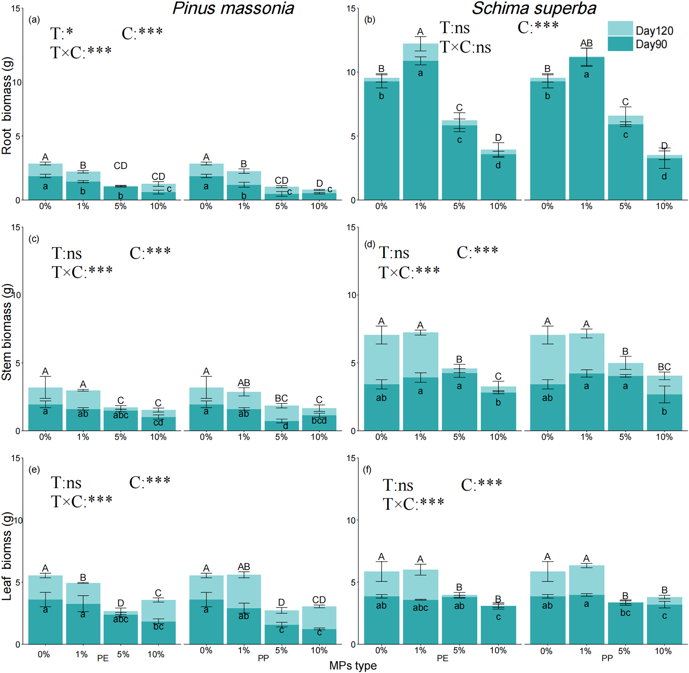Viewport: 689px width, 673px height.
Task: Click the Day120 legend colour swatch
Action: click(x=620, y=28)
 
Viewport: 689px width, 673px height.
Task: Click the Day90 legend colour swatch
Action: click(x=620, y=44)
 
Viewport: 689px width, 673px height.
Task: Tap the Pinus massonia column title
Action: click(x=233, y=8)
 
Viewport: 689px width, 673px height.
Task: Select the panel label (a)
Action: click(x=34, y=20)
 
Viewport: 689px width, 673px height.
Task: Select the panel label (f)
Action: click(x=367, y=470)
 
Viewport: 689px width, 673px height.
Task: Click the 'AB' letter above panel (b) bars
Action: click(x=586, y=43)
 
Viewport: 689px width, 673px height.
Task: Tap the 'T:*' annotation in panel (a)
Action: click(x=62, y=33)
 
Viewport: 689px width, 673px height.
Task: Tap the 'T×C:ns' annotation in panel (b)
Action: click(x=465, y=47)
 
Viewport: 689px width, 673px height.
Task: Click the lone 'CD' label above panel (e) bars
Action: click(x=319, y=600)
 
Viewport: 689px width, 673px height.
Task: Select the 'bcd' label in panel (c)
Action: click(x=319, y=421)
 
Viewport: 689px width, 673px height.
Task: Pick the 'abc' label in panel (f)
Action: click(x=420, y=608)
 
